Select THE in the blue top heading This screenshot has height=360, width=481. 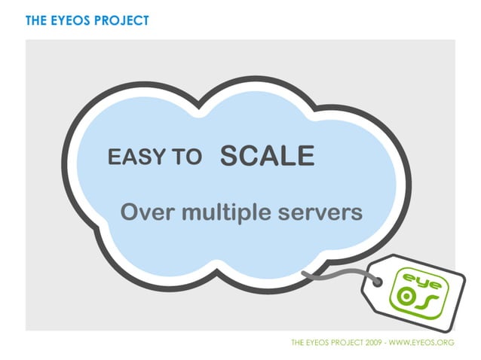click(36, 20)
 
